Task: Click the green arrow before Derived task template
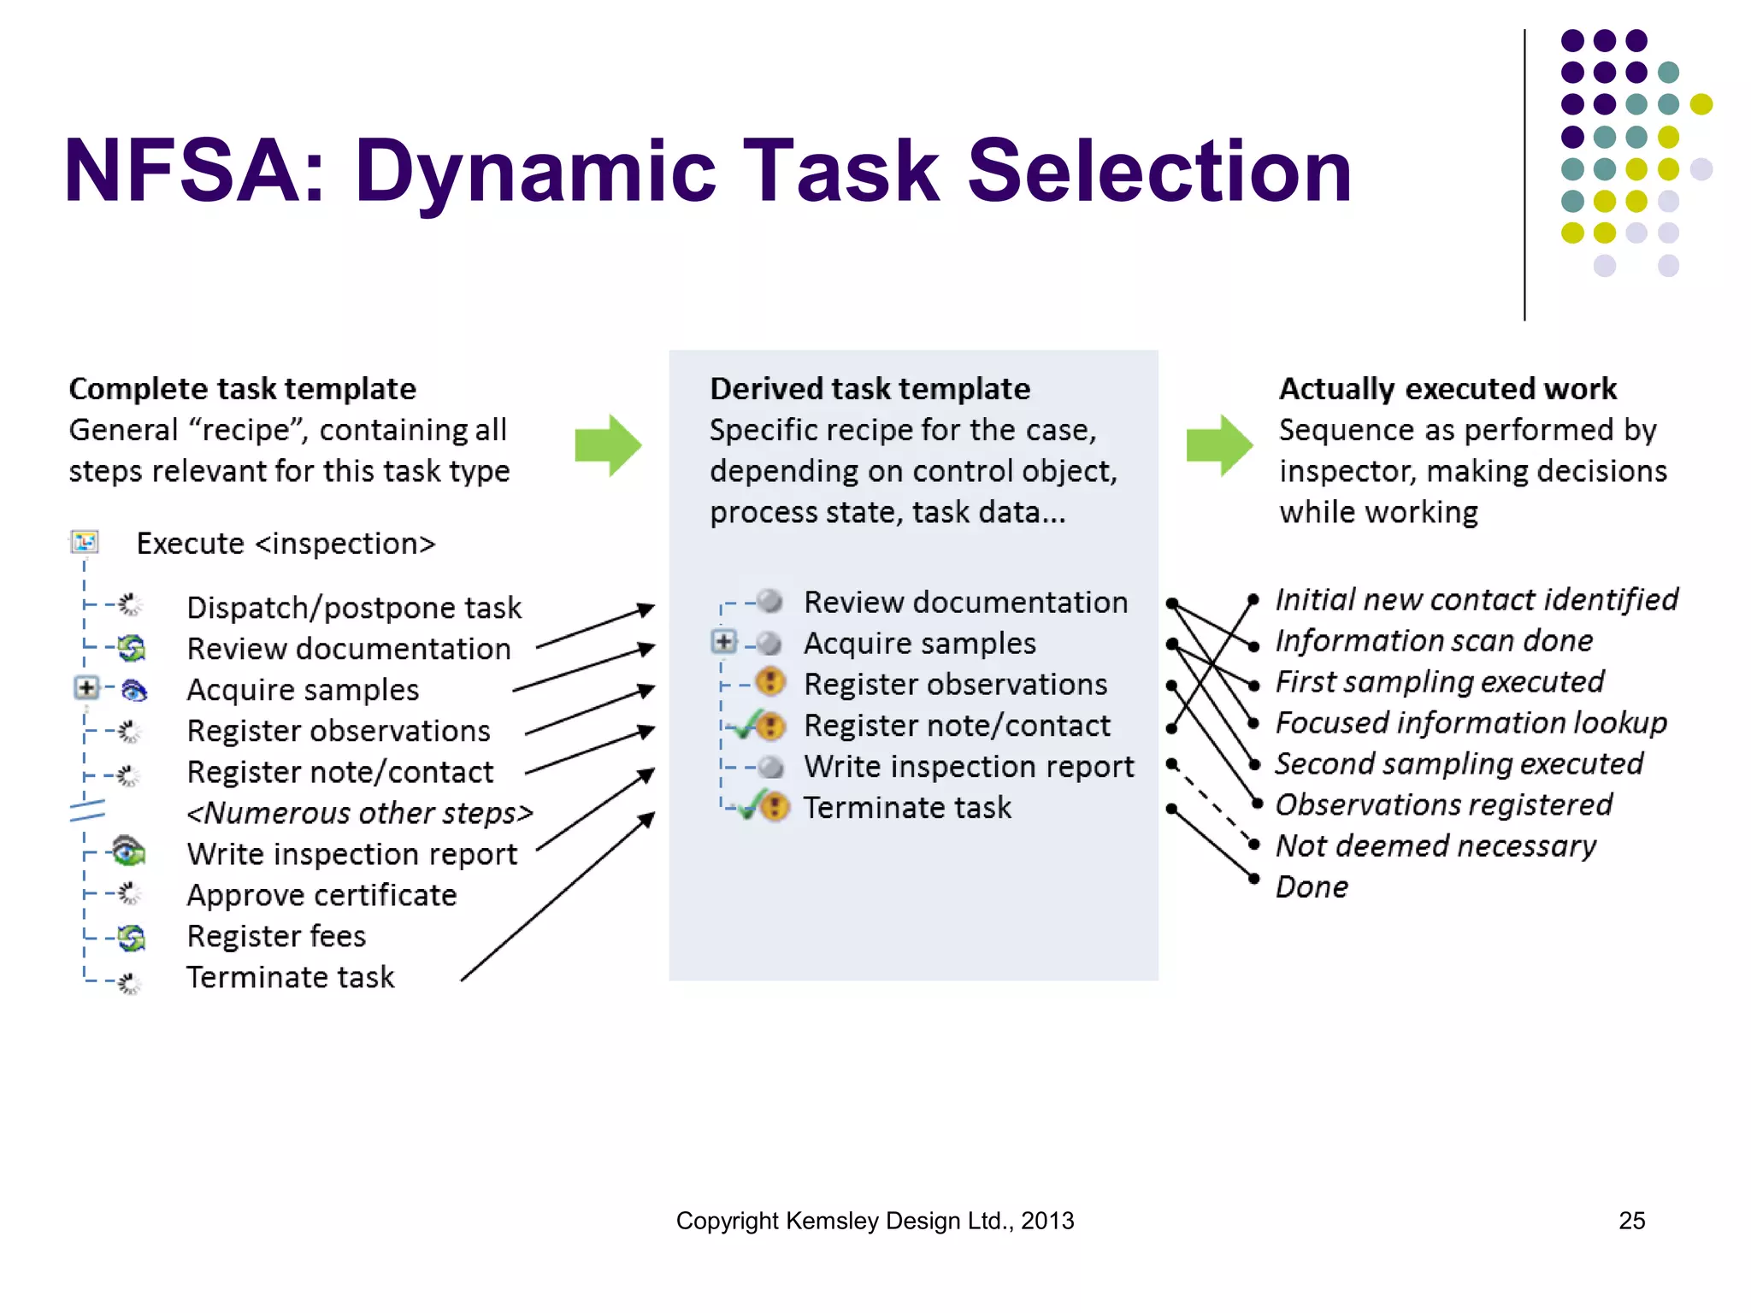coord(608,445)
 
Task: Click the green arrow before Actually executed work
coord(1219,445)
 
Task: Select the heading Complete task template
coord(242,389)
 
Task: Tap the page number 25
coord(1631,1221)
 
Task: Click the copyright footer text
coord(875,1221)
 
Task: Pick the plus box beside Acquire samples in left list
coord(86,687)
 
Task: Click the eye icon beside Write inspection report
coord(128,851)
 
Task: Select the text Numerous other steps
coord(359,813)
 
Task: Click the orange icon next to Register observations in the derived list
coord(771,682)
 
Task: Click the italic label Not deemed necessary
coord(1436,846)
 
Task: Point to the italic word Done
coord(1312,887)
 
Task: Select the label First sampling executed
coord(1439,682)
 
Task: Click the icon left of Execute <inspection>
coord(85,542)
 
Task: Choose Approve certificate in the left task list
coord(321,895)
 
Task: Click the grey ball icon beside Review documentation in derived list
coord(770,601)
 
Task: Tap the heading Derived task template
coord(870,389)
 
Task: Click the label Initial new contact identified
coord(1477,600)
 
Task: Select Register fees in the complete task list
coord(276,936)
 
